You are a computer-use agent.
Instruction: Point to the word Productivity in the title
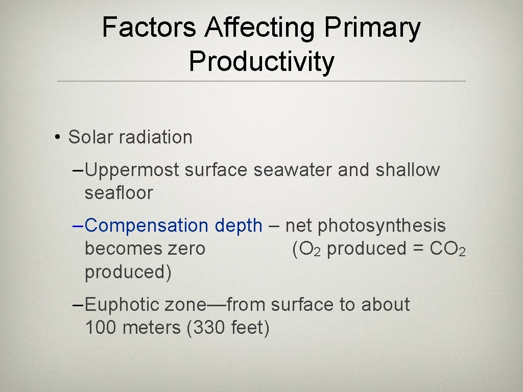(x=261, y=62)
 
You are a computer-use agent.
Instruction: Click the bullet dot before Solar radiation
(x=59, y=137)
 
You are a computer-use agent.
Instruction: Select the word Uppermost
(x=132, y=170)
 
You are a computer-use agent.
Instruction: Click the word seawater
(x=293, y=170)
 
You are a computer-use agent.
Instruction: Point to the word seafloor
(x=118, y=193)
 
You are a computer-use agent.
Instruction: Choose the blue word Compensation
(x=147, y=226)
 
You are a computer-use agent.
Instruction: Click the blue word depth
(x=239, y=226)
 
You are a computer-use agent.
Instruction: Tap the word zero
(x=186, y=249)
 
